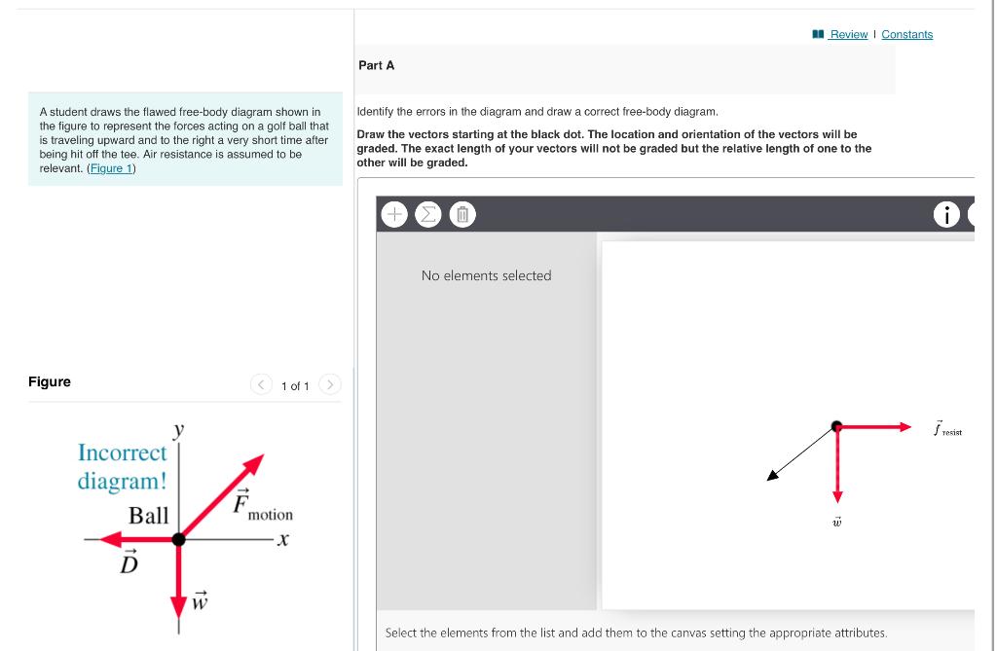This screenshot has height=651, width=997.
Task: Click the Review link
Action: pyautogui.click(x=848, y=34)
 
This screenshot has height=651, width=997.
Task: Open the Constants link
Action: pyautogui.click(x=906, y=34)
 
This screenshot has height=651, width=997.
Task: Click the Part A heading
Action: pyautogui.click(x=377, y=65)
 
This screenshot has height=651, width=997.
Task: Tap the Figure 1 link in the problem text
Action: pyautogui.click(x=112, y=168)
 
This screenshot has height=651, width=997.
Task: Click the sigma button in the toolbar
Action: pyautogui.click(x=428, y=213)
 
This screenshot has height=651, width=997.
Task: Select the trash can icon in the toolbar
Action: pyautogui.click(x=462, y=213)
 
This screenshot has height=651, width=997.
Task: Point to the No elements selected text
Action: pyautogui.click(x=486, y=275)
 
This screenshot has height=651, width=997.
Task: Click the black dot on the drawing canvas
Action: pyautogui.click(x=836, y=425)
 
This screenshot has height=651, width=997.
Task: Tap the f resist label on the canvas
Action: pyautogui.click(x=945, y=428)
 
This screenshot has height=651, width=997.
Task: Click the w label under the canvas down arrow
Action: pyautogui.click(x=835, y=523)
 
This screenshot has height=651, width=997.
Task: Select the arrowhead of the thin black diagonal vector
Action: pyautogui.click(x=771, y=476)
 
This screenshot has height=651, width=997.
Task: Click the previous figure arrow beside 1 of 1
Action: pyautogui.click(x=261, y=385)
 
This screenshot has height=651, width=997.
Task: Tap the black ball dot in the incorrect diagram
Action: pyautogui.click(x=178, y=538)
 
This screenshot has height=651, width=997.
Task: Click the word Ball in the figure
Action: pyautogui.click(x=148, y=515)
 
